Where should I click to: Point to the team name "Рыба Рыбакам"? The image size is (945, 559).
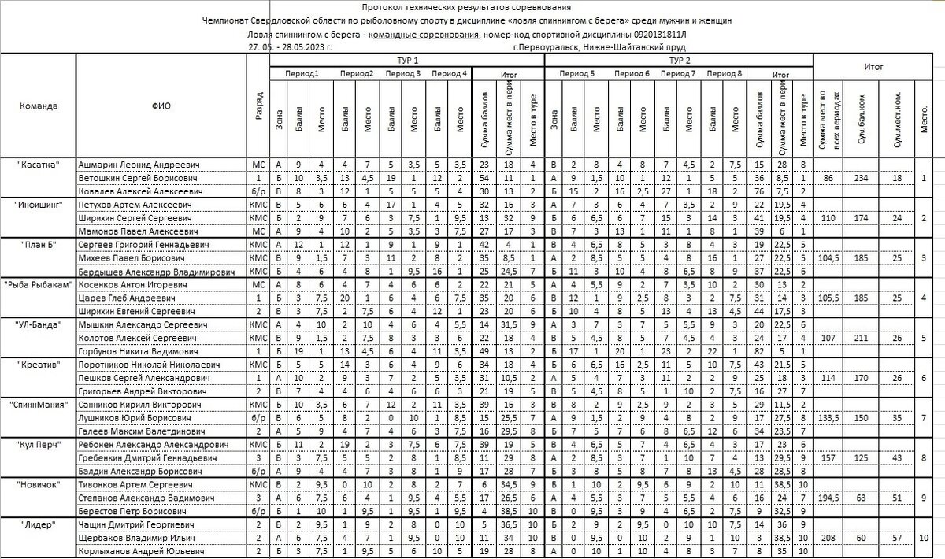point(38,284)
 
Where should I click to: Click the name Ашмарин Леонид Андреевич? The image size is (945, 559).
point(138,165)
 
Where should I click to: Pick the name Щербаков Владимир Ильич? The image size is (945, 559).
point(135,537)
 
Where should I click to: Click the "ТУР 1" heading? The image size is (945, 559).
point(406,60)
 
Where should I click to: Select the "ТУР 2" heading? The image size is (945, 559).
point(680,60)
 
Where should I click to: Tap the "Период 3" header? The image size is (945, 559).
point(402,73)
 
